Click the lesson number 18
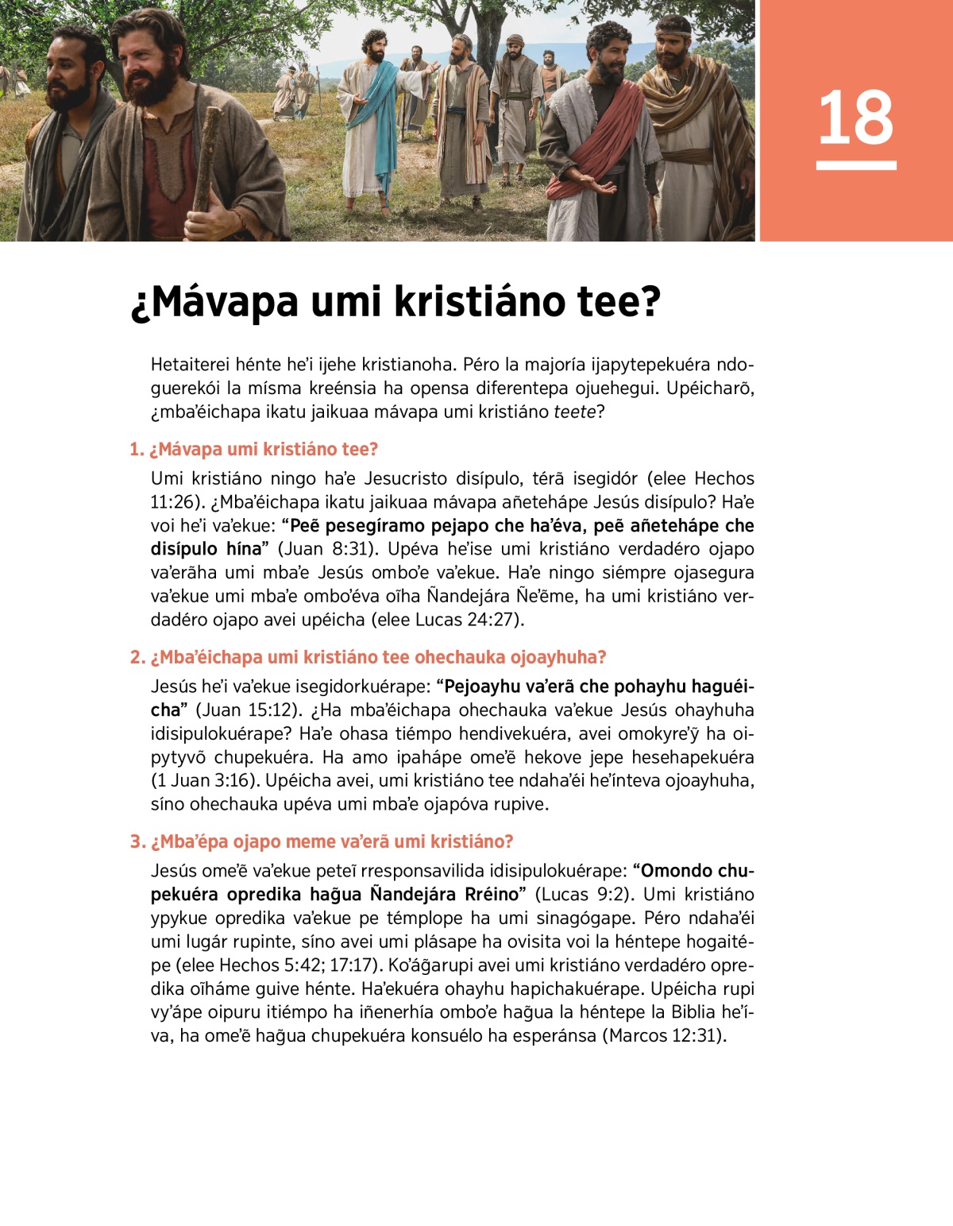855,118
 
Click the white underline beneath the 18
855,165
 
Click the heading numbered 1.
253,449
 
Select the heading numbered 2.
368,657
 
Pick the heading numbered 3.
322,841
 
